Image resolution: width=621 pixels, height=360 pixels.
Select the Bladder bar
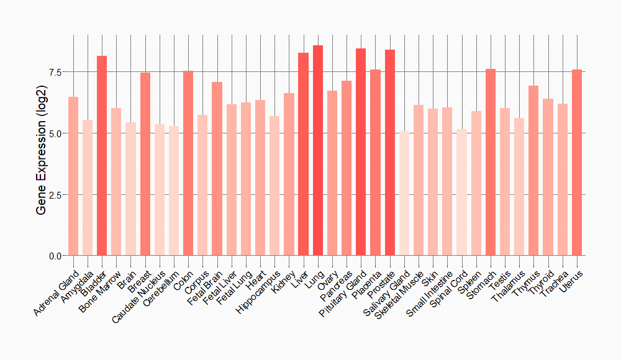click(x=102, y=155)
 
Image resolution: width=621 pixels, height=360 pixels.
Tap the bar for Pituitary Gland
click(x=361, y=152)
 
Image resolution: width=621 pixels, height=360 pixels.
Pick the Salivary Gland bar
click(x=404, y=193)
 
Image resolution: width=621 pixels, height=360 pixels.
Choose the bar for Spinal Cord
click(x=461, y=192)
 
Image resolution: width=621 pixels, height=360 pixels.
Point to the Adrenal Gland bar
click(x=73, y=176)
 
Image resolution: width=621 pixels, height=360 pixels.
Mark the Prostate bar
click(x=390, y=153)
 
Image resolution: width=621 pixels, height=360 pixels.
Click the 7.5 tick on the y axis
click(x=55, y=72)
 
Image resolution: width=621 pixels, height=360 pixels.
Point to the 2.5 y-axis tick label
click(x=55, y=195)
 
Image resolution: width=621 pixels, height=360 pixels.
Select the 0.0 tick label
click(x=55, y=256)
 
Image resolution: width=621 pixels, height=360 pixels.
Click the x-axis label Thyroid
click(x=543, y=280)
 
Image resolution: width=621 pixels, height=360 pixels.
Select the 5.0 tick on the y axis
click(x=55, y=133)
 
